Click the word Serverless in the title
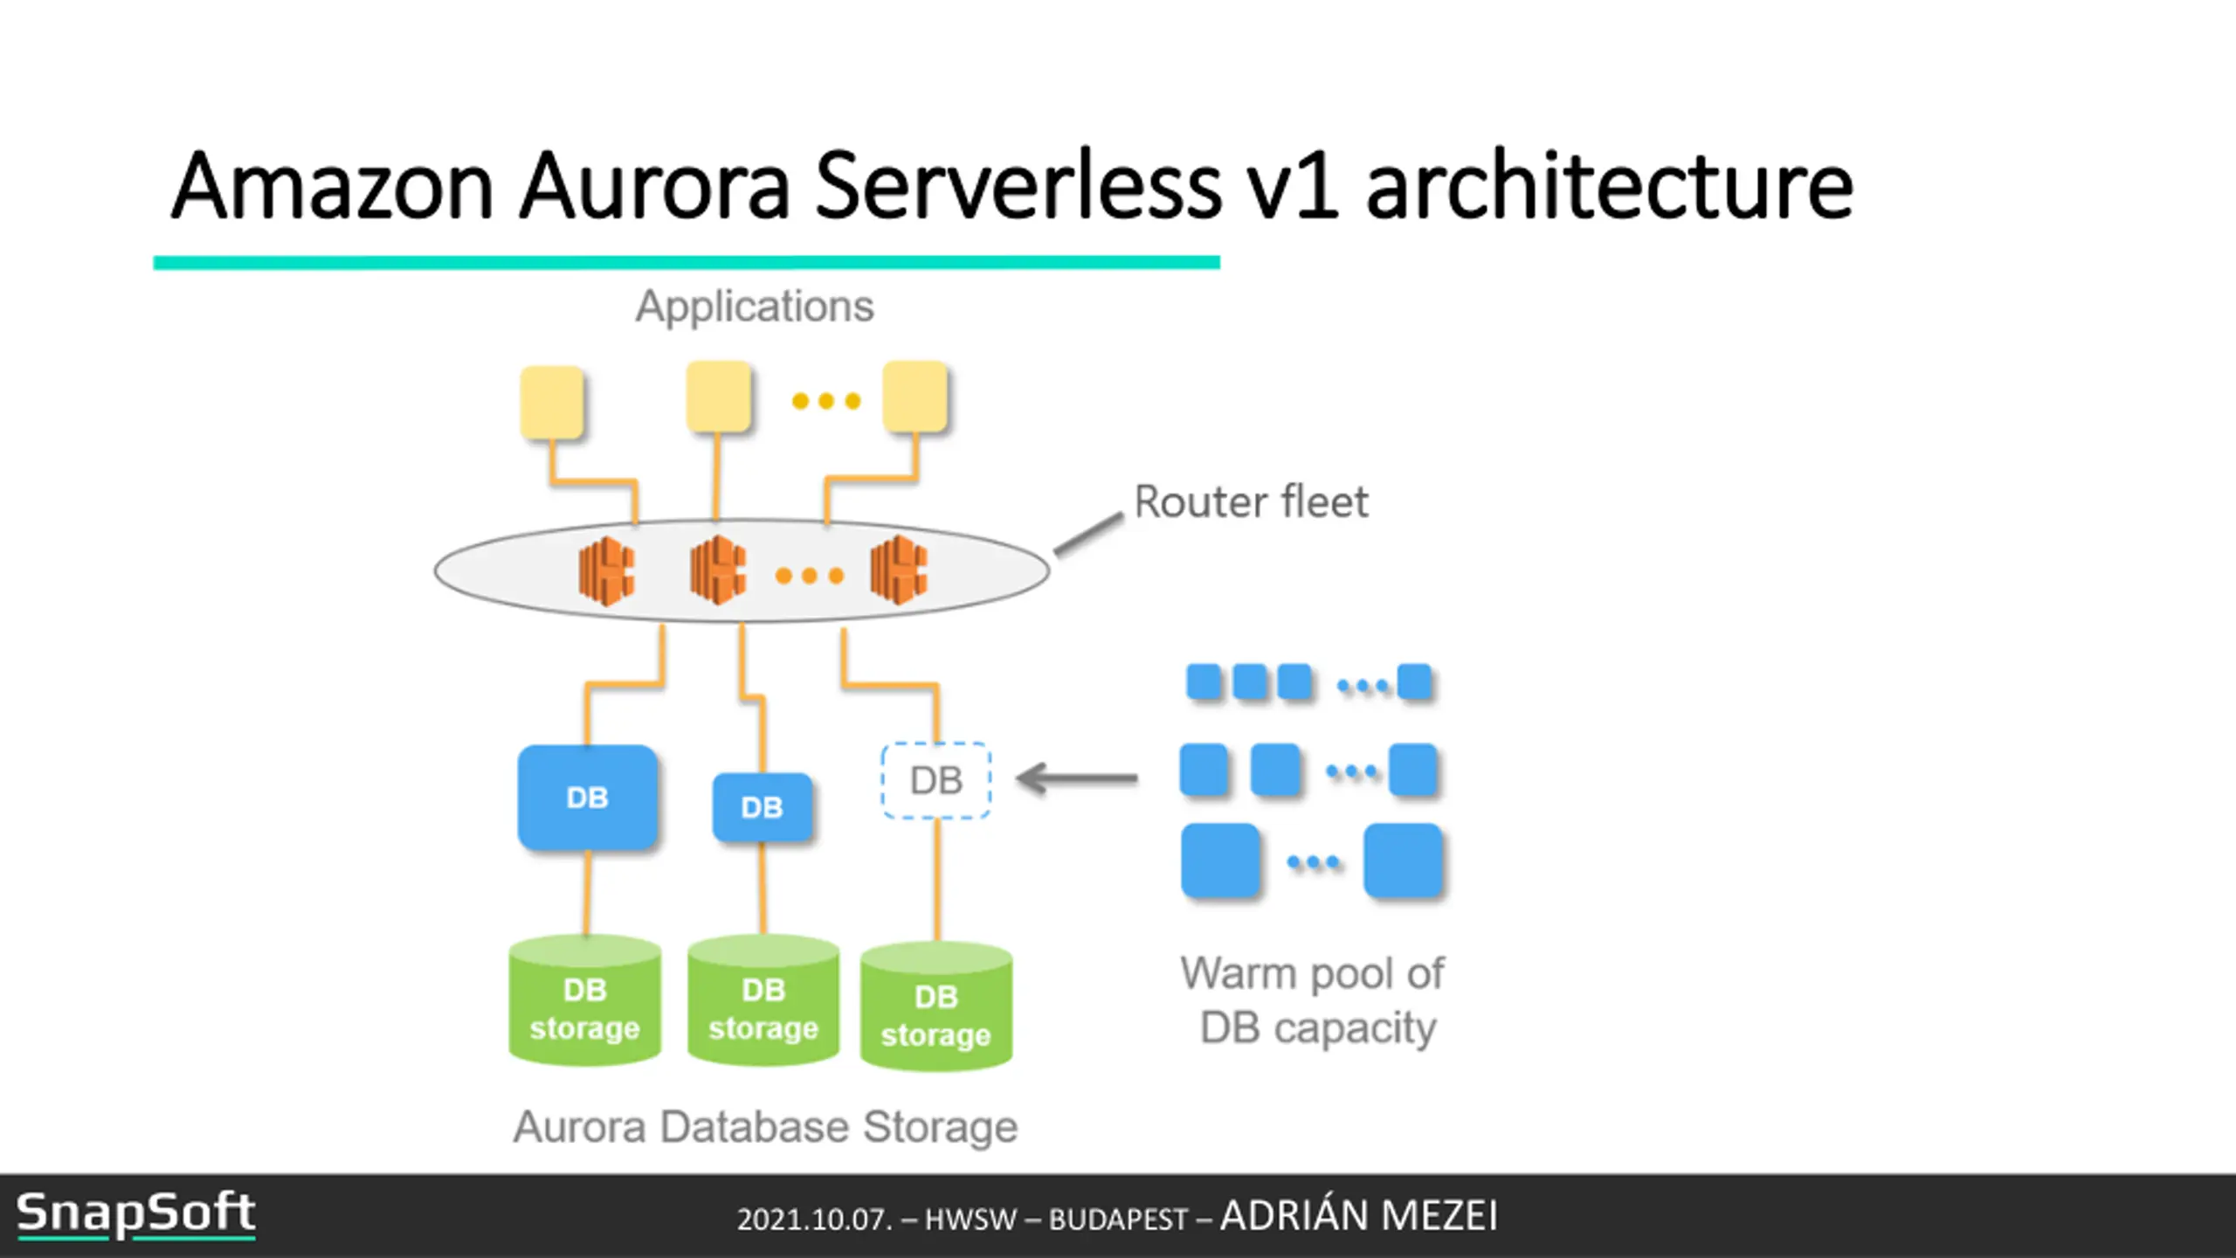[1018, 185]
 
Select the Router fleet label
[1251, 502]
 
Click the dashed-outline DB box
[936, 780]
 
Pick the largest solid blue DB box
[587, 797]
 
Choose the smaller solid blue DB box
[763, 807]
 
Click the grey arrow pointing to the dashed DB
[1077, 778]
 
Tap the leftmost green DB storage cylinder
[585, 1000]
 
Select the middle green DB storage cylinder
[763, 1000]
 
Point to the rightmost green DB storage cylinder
[936, 1006]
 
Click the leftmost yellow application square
[552, 402]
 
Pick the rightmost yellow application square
[915, 397]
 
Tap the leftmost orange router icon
[606, 571]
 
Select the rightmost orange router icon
[899, 571]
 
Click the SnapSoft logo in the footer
[136, 1214]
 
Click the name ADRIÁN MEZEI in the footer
[1359, 1215]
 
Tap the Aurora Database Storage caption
[765, 1127]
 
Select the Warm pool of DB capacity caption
[1314, 1000]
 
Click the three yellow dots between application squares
[826, 401]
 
